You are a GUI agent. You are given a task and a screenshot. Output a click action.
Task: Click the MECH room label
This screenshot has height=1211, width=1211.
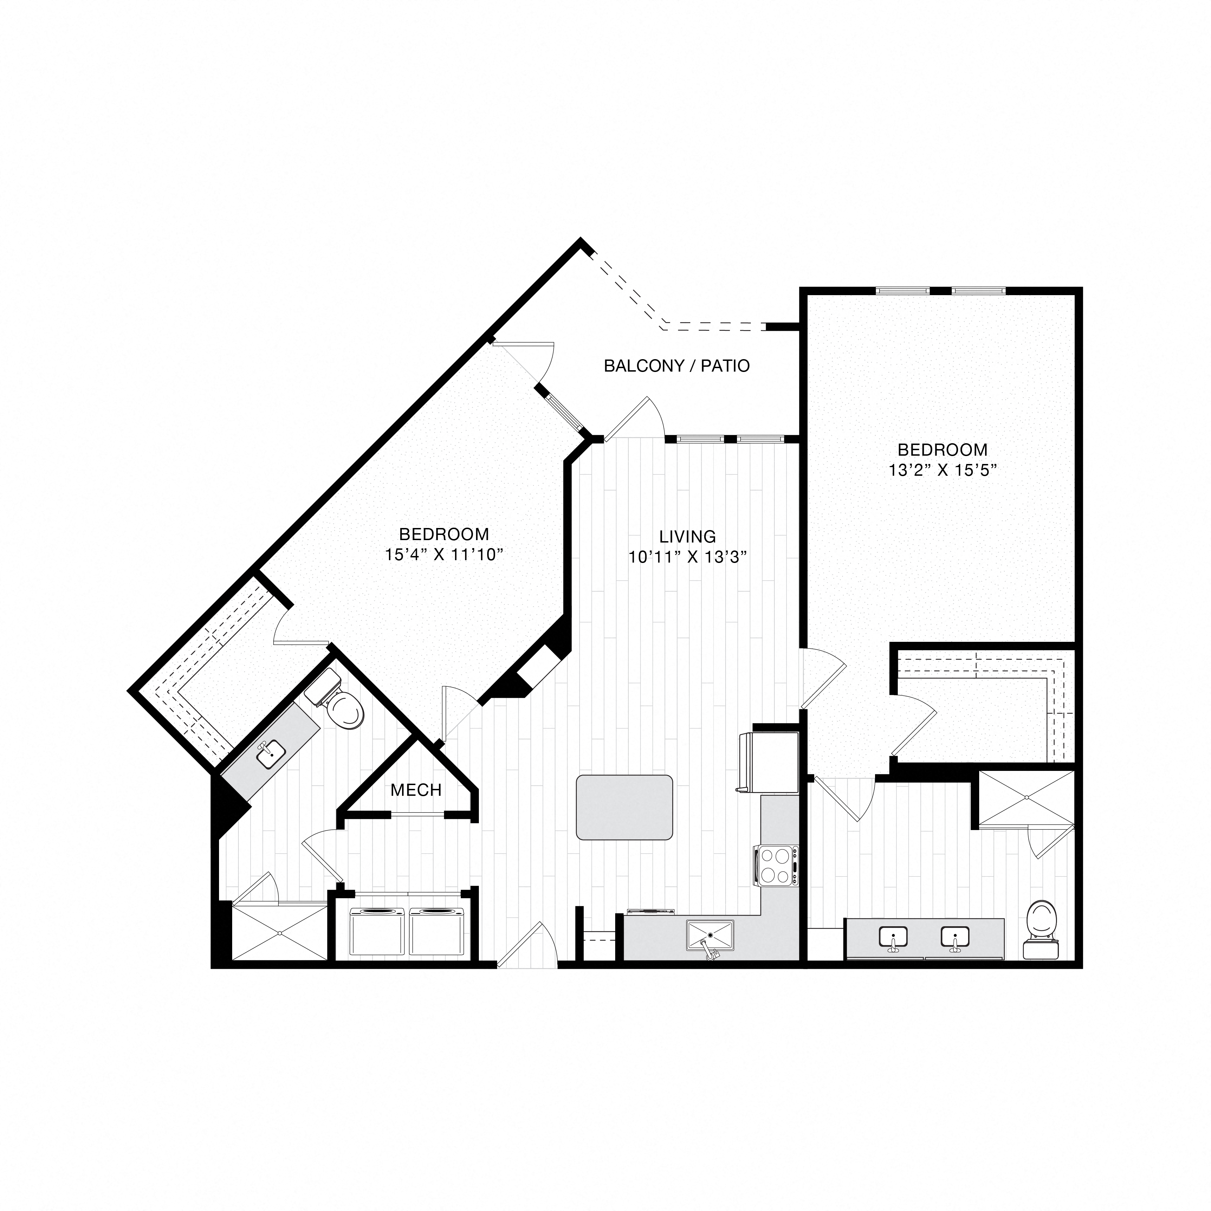[x=416, y=790]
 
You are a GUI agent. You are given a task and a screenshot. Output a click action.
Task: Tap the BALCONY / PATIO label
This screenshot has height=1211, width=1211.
[x=676, y=366]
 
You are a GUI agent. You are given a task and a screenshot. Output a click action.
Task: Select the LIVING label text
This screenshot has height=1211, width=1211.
[x=687, y=537]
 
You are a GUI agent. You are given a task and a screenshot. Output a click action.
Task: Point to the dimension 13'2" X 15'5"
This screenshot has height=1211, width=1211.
[x=942, y=470]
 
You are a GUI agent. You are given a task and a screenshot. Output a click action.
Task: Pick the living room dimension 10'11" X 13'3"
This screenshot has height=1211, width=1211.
[x=688, y=557]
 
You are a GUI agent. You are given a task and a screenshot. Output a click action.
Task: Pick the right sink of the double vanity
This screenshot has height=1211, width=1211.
[x=955, y=938]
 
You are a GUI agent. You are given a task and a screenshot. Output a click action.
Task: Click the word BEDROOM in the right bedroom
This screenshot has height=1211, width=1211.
[x=942, y=449]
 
